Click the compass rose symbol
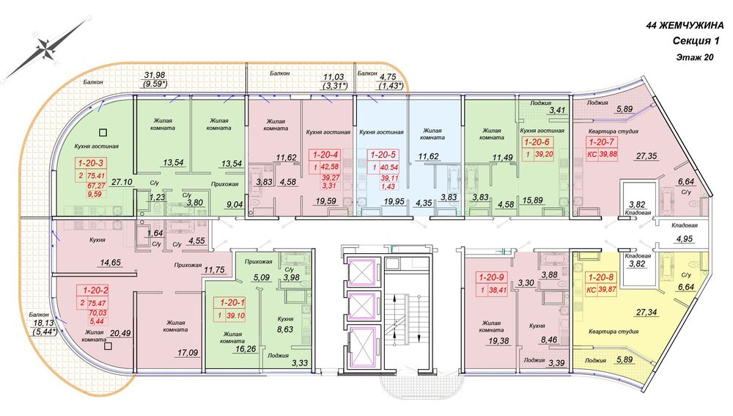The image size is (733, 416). [45, 48]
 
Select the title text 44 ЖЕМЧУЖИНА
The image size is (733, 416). [684, 26]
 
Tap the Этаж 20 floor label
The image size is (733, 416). [695, 57]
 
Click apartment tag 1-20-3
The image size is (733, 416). [91, 164]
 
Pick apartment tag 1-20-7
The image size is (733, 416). [601, 142]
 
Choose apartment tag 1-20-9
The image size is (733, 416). [491, 277]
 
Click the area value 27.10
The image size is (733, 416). [122, 181]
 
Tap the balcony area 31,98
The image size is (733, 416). [155, 76]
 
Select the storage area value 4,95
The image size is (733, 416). [684, 238]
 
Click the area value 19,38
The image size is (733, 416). [498, 341]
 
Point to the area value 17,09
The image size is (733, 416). [187, 352]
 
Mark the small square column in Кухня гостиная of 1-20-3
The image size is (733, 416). [104, 132]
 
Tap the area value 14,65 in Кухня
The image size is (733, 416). [111, 263]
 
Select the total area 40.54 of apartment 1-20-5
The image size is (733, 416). [389, 167]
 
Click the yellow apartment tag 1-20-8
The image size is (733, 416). [601, 278]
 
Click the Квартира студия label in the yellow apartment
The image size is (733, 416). [614, 332]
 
